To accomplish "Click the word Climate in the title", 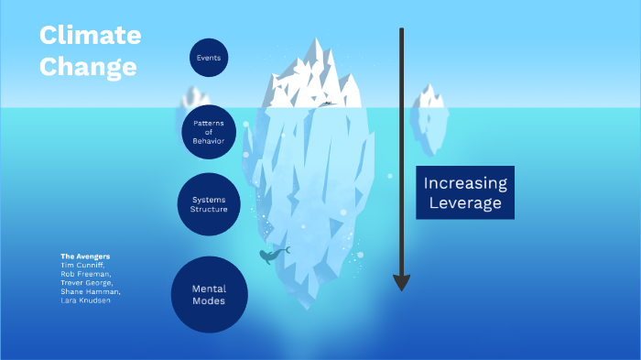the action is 90,36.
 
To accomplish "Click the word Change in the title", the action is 88,67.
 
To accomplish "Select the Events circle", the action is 209,58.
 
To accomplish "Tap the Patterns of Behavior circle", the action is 209,132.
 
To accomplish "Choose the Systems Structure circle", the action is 209,204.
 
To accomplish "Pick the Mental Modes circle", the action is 209,294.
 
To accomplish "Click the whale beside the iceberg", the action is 271,255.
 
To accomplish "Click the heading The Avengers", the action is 85,256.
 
